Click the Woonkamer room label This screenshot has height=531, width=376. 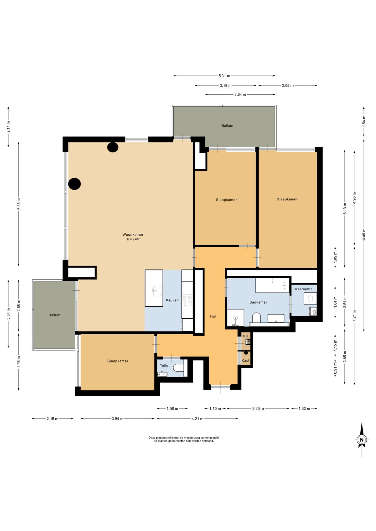133,235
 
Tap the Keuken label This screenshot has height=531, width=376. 172,300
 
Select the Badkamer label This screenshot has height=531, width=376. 258,302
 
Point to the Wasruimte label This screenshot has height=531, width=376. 303,289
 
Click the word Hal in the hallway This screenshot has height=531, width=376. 213,316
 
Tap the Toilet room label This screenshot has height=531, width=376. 165,366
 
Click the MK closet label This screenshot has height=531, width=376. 245,336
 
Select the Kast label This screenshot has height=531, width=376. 245,361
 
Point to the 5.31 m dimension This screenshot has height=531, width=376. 224,76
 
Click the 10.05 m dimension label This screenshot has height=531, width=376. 364,235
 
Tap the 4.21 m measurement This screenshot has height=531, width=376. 197,419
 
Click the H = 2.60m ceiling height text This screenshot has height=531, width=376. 134,240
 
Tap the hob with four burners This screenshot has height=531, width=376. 187,300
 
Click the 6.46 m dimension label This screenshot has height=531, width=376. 19,204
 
